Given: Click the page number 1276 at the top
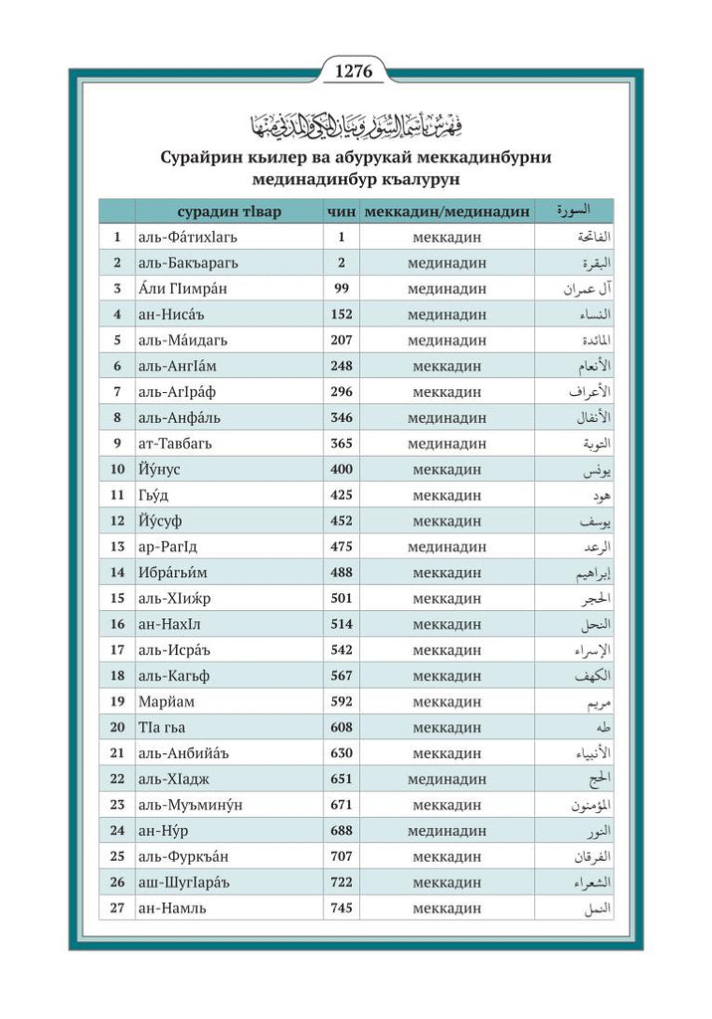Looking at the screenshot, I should click(355, 71).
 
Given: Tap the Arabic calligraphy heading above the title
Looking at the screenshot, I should click(355, 124).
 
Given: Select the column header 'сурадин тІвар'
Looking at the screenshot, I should click(229, 211).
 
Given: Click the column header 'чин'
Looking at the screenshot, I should click(340, 211).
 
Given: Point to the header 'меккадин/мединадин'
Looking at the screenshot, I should click(446, 211).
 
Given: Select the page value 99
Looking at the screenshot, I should click(341, 289).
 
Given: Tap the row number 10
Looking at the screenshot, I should click(117, 469).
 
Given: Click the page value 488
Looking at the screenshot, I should click(341, 572).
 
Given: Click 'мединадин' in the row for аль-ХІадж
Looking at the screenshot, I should click(446, 779).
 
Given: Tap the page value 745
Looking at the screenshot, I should click(341, 908).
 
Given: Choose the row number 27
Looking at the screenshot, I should click(117, 908).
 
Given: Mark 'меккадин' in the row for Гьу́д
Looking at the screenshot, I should click(446, 495).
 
